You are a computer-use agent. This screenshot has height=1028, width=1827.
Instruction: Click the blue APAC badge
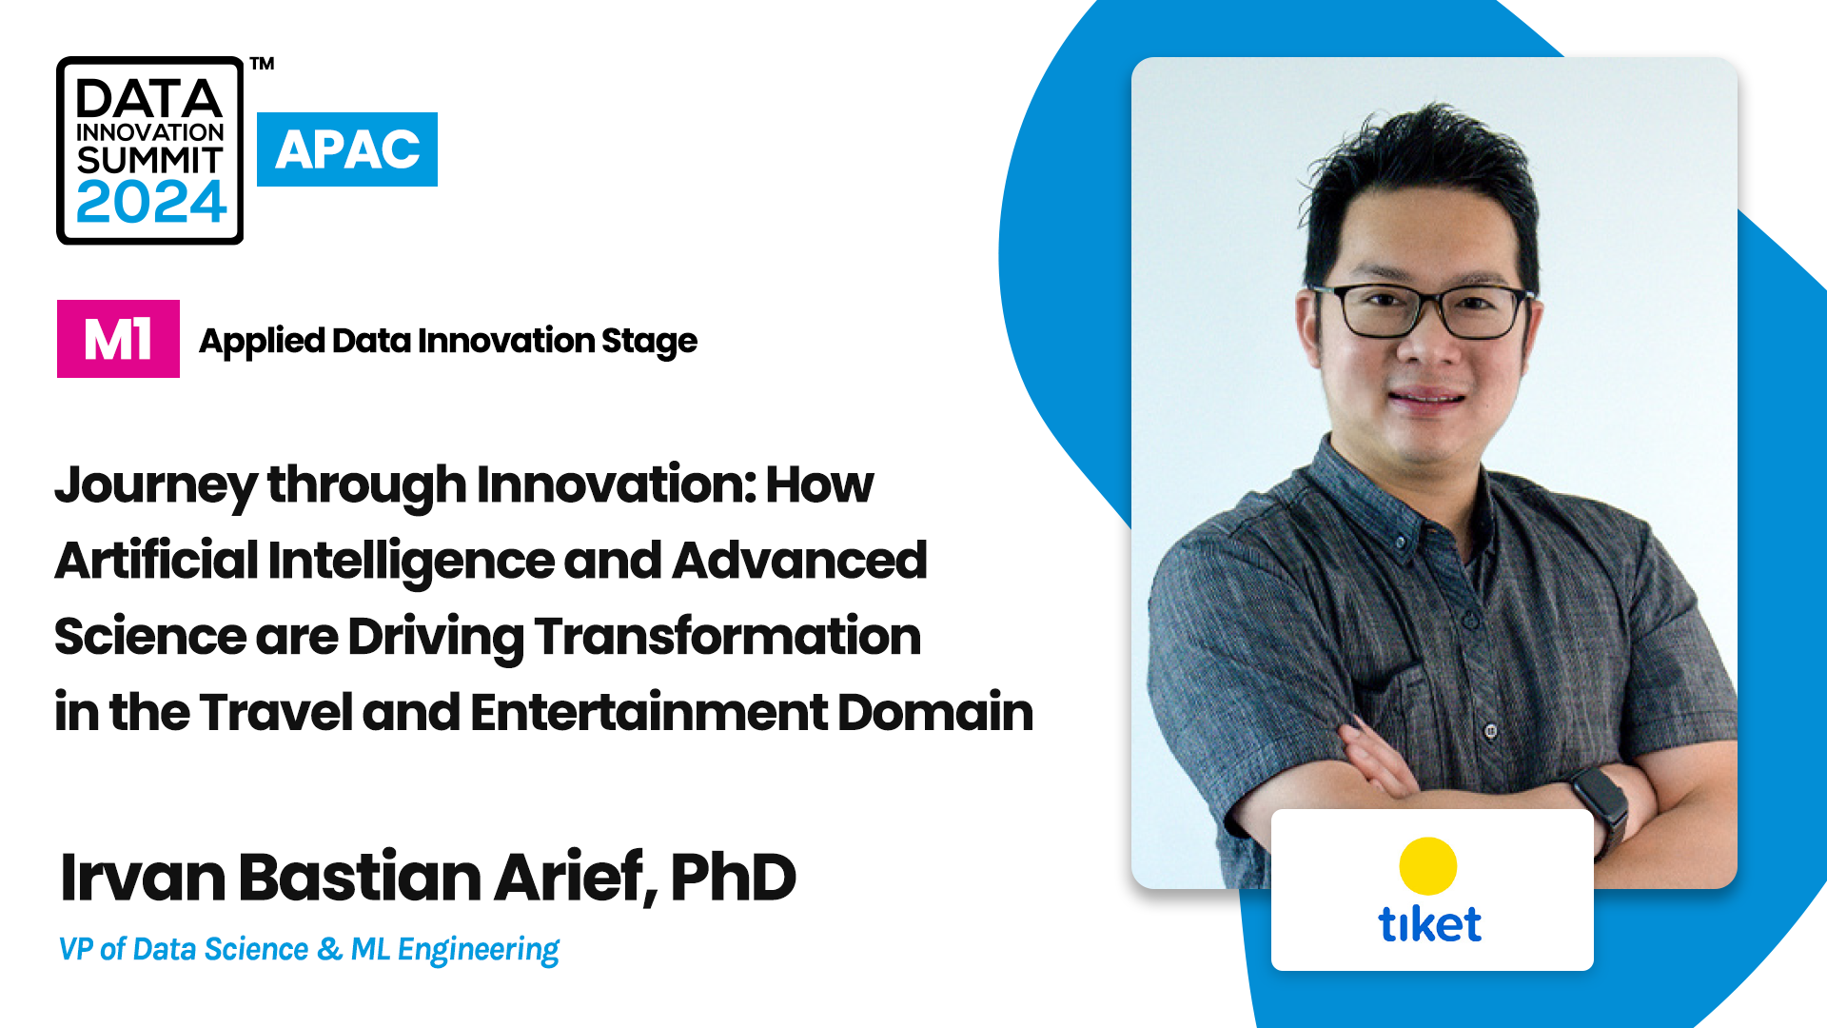[347, 149]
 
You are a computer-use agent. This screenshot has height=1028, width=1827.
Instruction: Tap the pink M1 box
[118, 339]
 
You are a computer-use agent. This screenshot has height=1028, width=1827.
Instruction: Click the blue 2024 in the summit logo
[150, 202]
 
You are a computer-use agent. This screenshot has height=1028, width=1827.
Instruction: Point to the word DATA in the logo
[149, 99]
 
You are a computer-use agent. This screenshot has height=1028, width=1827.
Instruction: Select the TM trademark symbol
[263, 64]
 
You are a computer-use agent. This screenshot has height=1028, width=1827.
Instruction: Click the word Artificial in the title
[157, 560]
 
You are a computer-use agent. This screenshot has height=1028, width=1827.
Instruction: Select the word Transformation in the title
[728, 636]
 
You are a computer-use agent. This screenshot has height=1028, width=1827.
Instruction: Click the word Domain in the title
[935, 712]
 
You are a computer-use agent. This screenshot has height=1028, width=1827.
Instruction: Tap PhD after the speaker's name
[733, 877]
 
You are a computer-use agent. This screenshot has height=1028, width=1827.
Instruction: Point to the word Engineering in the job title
[479, 951]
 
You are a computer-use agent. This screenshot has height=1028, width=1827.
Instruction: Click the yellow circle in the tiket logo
[1428, 866]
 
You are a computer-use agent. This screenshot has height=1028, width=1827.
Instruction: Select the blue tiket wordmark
[1430, 924]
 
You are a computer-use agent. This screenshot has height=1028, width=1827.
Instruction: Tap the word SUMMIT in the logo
[149, 160]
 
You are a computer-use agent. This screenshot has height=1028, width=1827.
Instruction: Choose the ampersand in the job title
[330, 949]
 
